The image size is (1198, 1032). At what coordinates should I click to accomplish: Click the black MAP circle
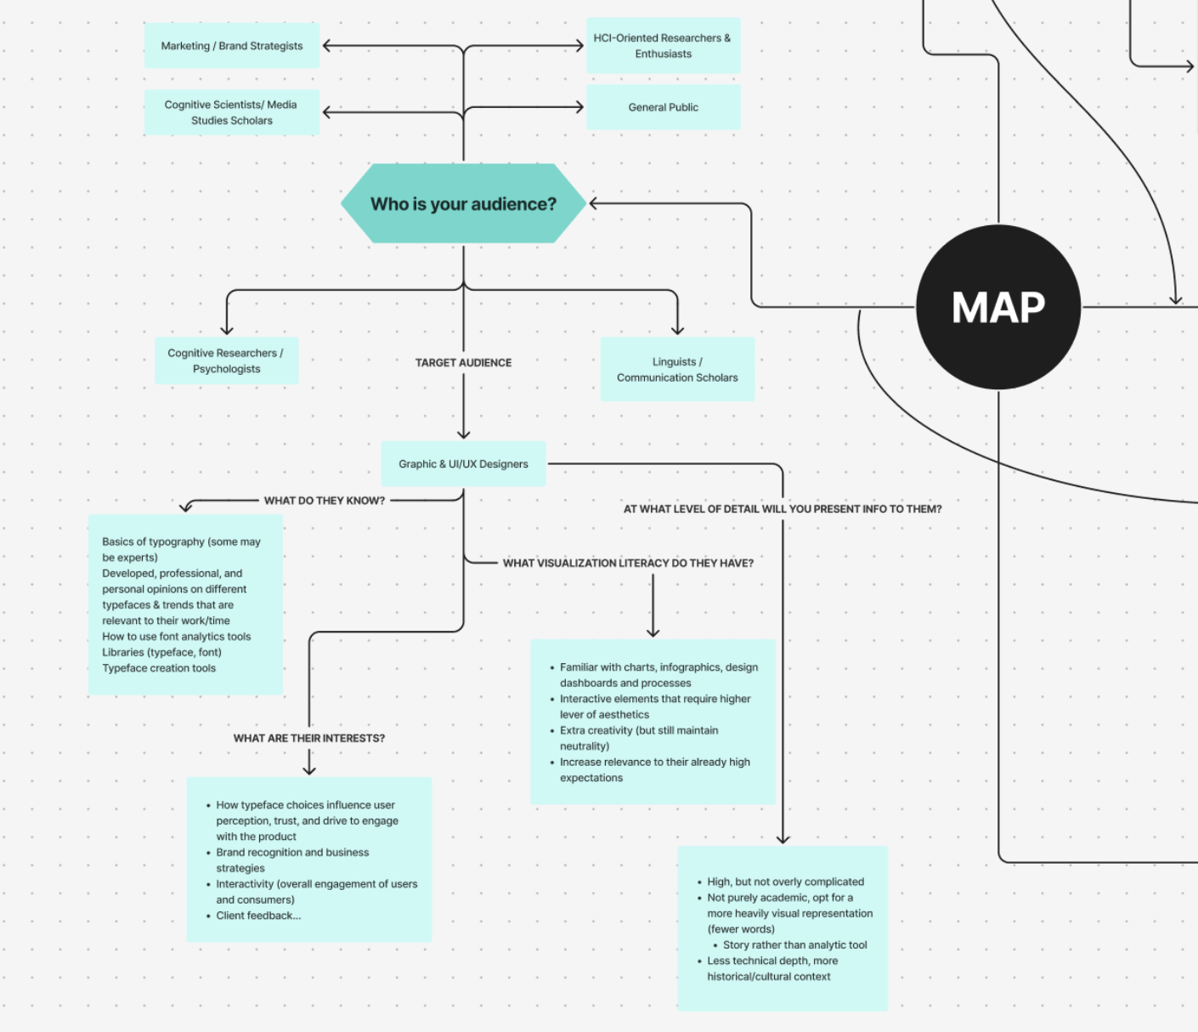998,307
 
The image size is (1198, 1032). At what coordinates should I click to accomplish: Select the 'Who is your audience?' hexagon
463,204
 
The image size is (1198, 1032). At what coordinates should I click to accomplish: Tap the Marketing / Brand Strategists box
232,46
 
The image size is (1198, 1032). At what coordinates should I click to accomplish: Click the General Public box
663,107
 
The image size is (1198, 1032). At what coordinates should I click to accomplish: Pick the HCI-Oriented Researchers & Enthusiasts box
663,46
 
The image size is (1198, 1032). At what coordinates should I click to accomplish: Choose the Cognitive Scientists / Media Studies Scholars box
232,112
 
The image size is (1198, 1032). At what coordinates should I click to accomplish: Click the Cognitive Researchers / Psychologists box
226,360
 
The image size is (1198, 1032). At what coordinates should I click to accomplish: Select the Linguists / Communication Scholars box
677,369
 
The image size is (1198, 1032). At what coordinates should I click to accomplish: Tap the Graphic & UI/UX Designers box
463,464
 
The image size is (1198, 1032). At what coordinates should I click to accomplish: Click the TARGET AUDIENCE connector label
463,363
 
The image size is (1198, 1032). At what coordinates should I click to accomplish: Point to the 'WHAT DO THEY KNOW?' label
325,501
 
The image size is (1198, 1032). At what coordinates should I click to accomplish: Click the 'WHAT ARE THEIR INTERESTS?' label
309,738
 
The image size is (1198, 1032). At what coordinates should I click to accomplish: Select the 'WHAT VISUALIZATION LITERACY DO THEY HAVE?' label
628,563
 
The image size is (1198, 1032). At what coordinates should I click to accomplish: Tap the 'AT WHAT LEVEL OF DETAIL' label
783,509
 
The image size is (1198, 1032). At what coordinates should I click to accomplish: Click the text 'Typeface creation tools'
159,668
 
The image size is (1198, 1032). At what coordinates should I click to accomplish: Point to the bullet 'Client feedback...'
258,916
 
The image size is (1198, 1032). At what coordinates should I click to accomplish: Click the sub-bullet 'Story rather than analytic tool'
794,945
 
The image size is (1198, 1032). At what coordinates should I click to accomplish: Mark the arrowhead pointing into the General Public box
579,107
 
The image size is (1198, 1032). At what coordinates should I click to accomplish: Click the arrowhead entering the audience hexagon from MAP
594,204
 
